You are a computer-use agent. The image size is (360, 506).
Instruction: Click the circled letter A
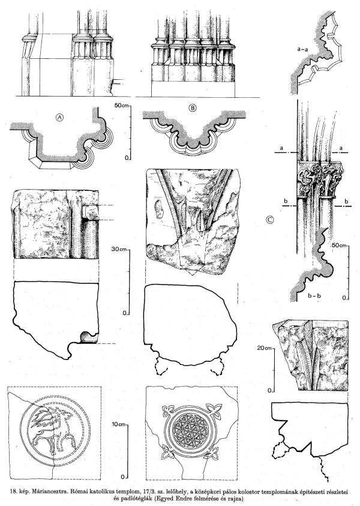pyautogui.click(x=59, y=118)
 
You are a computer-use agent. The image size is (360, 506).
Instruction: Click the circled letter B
pyautogui.click(x=192, y=108)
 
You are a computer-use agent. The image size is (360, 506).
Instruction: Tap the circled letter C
pyautogui.click(x=270, y=220)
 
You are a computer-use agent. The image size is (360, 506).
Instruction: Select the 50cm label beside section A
pyautogui.click(x=121, y=106)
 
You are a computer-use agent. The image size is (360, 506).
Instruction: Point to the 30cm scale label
pyautogui.click(x=118, y=249)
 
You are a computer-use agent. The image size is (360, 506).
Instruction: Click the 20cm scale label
pyautogui.click(x=265, y=348)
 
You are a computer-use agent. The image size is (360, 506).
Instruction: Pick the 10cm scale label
pyautogui.click(x=119, y=424)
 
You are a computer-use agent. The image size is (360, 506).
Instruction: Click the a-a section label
pyautogui.click(x=302, y=49)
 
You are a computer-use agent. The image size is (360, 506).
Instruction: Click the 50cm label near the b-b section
pyautogui.click(x=338, y=245)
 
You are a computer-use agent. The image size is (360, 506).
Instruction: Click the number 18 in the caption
pyautogui.click(x=14, y=492)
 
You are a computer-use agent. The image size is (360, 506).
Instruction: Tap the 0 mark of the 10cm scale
pyautogui.click(x=122, y=477)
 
